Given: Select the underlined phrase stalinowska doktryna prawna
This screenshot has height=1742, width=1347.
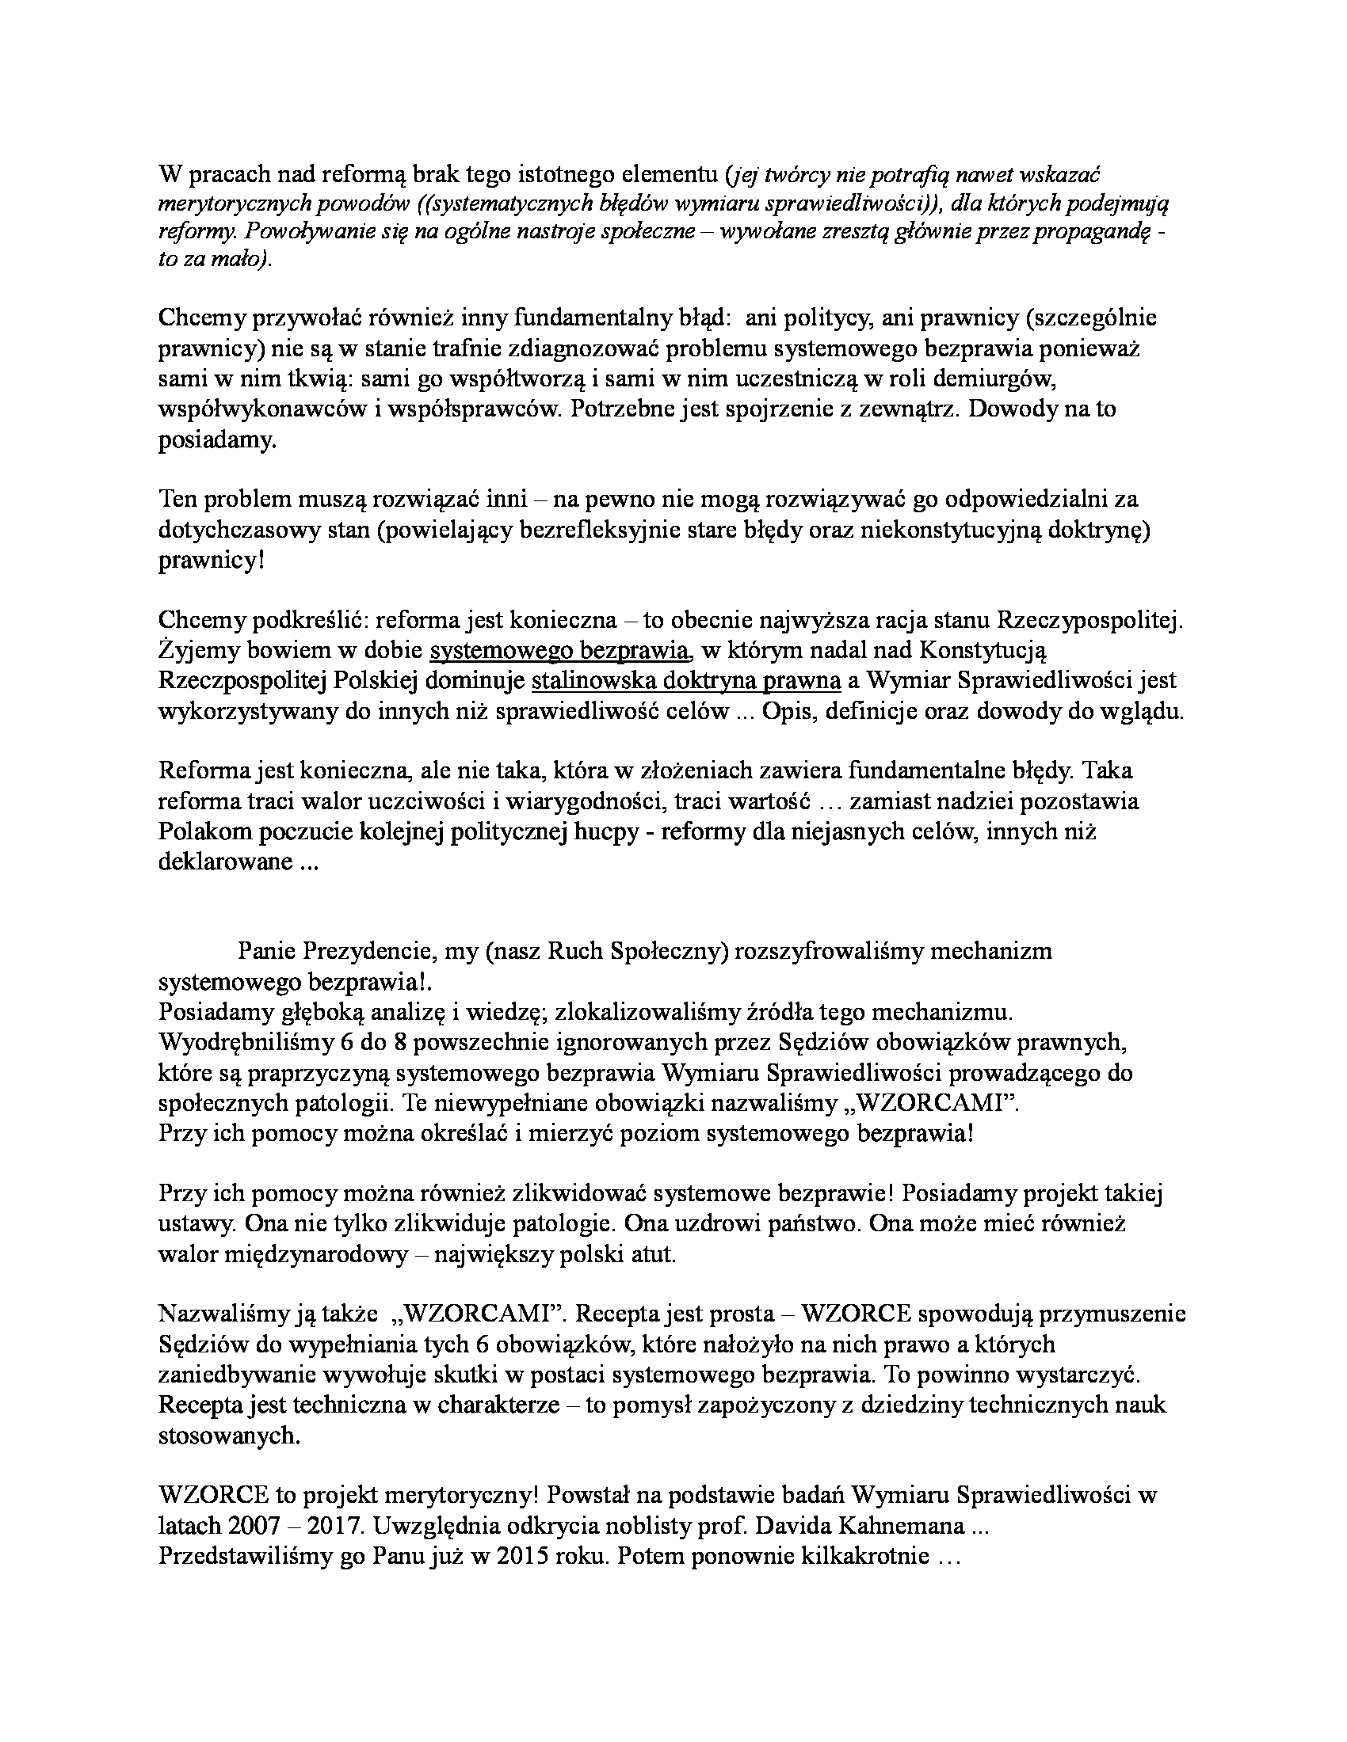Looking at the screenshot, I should (x=686, y=681).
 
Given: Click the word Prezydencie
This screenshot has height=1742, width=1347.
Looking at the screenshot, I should (x=368, y=951).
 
